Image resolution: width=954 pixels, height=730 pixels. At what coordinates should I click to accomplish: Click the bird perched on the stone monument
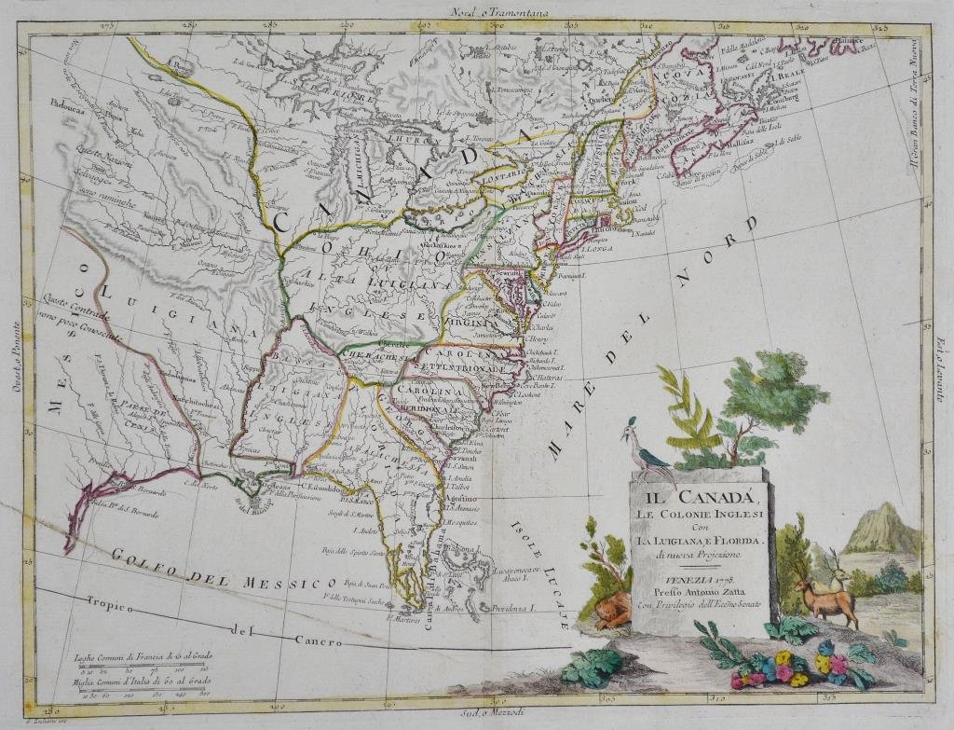pyautogui.click(x=645, y=446)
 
